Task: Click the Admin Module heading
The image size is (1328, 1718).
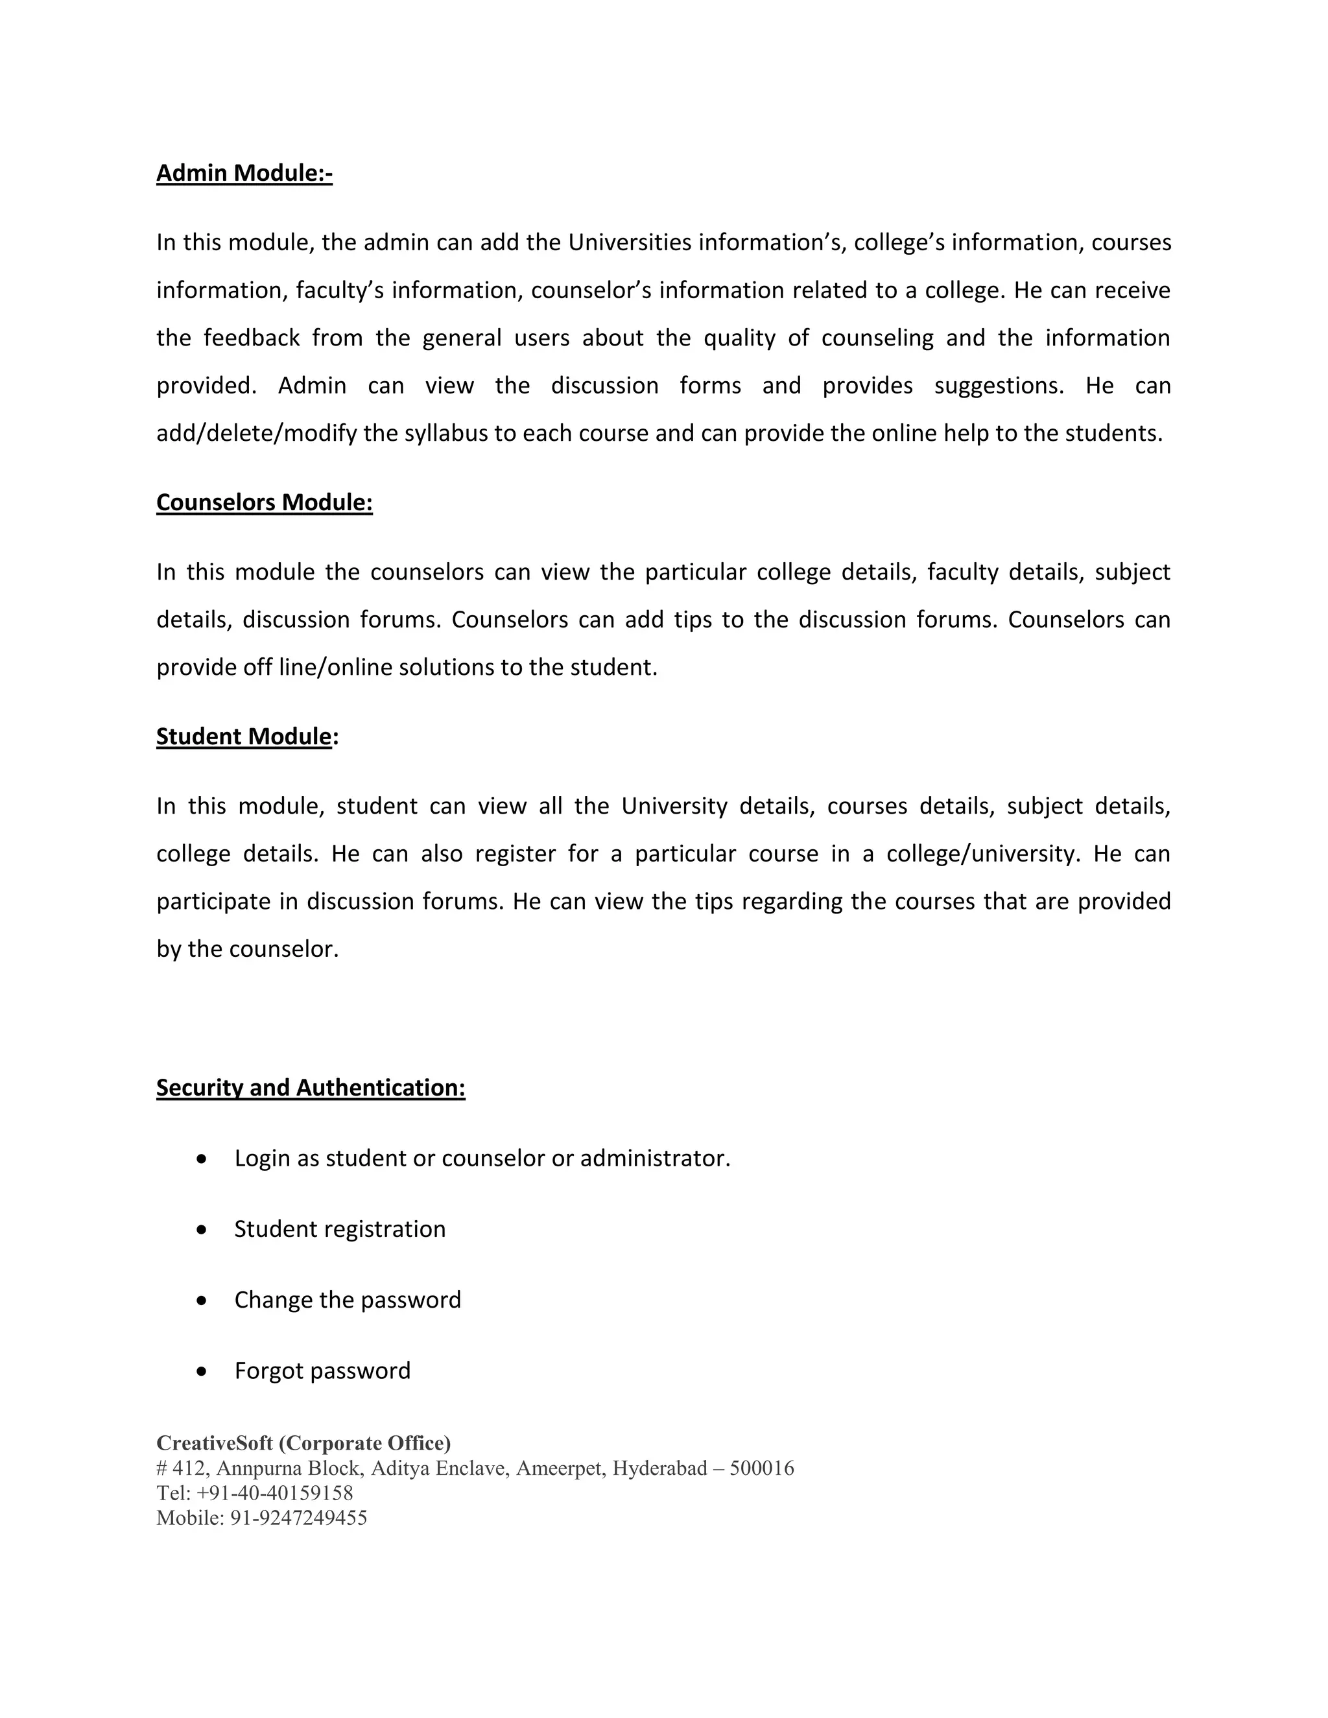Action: tap(244, 173)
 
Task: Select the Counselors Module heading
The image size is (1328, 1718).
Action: tap(265, 502)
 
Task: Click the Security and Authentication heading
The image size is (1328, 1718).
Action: tap(311, 1087)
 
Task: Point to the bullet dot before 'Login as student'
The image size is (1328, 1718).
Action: tap(202, 1159)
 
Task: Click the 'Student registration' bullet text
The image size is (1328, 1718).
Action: tap(340, 1229)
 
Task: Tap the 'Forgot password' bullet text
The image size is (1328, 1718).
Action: tap(322, 1371)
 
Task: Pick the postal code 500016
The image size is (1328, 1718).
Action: tap(761, 1468)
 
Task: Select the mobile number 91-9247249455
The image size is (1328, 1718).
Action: tap(298, 1518)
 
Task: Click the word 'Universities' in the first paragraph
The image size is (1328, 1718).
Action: tap(630, 242)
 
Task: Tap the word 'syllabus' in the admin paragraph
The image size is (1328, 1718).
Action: tap(446, 434)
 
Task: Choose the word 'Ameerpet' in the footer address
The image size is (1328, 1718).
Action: tap(560, 1468)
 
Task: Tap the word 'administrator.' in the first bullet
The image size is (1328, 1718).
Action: tap(654, 1159)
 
